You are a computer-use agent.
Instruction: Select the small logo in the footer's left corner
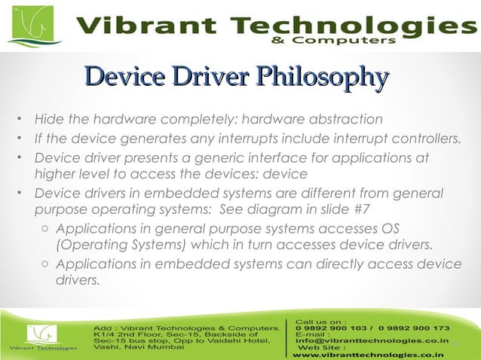(x=42, y=337)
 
